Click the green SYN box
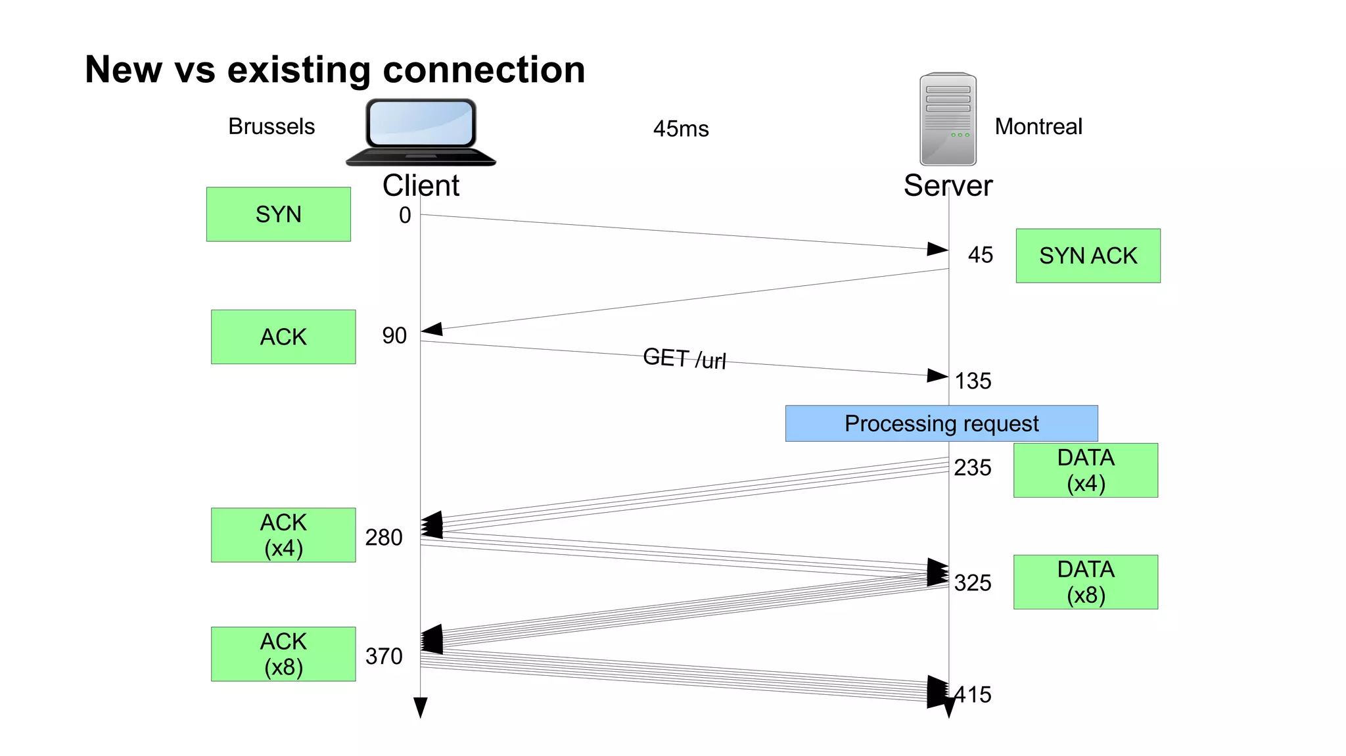(278, 214)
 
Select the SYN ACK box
(1088, 256)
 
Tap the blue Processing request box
(941, 423)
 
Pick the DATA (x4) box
(1085, 470)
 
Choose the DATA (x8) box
(1085, 582)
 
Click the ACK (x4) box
(283, 534)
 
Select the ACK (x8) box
(283, 653)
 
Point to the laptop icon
(421, 131)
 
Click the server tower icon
(948, 119)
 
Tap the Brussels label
(271, 126)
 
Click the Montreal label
(1038, 126)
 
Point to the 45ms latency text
(681, 129)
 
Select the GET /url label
(684, 359)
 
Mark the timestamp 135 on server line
(973, 381)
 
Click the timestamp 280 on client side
(384, 538)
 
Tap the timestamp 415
(974, 695)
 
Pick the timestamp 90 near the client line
(394, 336)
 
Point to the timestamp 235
(973, 468)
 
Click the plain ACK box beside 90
(283, 337)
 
